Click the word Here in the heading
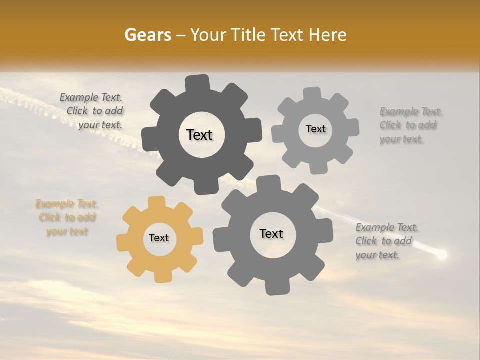[328, 35]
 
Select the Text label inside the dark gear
[199, 135]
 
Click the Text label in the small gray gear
[315, 129]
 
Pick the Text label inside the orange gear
[159, 238]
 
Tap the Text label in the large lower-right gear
[271, 234]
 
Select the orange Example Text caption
[66, 218]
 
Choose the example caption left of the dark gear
[91, 111]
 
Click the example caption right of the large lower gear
[386, 241]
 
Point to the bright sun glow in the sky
[441, 255]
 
